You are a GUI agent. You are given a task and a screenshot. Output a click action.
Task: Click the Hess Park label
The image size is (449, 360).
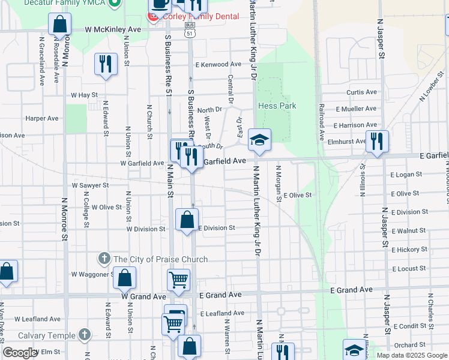[277, 106]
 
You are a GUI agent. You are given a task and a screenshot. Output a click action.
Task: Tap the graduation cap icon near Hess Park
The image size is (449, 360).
[260, 140]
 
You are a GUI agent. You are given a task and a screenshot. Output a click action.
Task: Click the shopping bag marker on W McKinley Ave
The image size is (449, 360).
[60, 25]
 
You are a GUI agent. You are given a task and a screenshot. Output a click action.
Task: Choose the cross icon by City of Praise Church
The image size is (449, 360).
[104, 259]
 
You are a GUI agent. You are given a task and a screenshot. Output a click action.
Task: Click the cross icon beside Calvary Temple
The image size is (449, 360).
[85, 335]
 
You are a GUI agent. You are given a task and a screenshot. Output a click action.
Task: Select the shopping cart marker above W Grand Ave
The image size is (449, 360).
[179, 279]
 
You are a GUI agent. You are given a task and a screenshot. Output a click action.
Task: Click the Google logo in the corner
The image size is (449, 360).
[20, 353]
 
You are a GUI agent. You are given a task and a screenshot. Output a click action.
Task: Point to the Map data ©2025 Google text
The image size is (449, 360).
[412, 355]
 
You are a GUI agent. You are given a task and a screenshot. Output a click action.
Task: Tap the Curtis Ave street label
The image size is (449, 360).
[361, 92]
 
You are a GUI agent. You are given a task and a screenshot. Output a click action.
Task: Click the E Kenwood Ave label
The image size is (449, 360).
[217, 64]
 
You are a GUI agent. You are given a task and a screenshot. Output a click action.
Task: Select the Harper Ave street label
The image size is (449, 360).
[42, 118]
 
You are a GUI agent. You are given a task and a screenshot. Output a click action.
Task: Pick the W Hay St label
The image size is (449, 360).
[84, 95]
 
